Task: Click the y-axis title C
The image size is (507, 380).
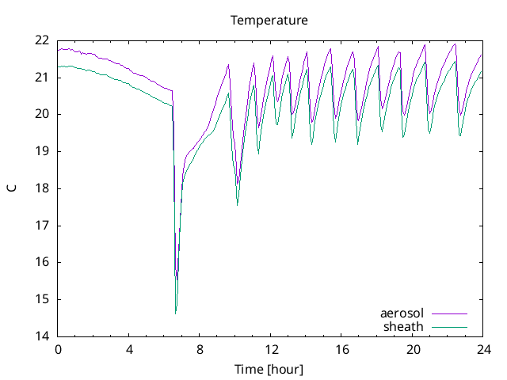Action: [x=11, y=188]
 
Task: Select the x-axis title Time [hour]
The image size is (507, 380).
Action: [x=269, y=369]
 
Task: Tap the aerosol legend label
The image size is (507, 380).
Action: [x=402, y=314]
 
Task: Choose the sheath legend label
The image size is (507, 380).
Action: [x=404, y=326]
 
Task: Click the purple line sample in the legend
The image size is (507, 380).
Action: [x=448, y=314]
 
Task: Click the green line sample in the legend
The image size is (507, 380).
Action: [x=448, y=326]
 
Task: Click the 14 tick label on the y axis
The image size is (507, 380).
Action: [x=41, y=336]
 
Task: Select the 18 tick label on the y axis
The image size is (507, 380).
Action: [x=41, y=188]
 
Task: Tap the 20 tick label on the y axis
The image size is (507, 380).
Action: [x=41, y=114]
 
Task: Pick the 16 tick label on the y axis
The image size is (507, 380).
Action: [x=41, y=262]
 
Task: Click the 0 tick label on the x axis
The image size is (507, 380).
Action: [x=58, y=349]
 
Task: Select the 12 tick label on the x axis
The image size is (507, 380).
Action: [x=271, y=349]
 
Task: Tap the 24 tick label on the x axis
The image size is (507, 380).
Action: [x=483, y=349]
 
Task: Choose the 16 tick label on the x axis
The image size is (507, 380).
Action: [x=341, y=349]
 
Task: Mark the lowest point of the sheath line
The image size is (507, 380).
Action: [x=176, y=313]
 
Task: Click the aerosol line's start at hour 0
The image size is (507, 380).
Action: [x=58, y=50]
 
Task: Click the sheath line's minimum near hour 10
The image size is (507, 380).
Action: [x=238, y=205]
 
